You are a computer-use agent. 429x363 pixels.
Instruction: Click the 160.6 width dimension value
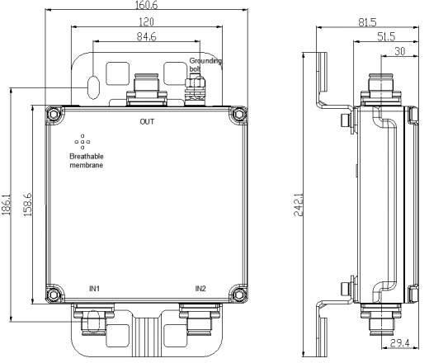(x=147, y=5)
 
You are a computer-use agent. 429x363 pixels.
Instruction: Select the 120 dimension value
(x=146, y=22)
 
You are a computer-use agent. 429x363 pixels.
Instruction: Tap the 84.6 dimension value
(x=147, y=36)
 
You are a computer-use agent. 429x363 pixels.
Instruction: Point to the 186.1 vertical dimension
(x=7, y=205)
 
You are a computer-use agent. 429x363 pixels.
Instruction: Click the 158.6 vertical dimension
(x=28, y=205)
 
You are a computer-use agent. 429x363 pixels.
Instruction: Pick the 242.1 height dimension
(x=299, y=205)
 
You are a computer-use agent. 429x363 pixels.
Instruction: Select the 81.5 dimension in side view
(x=367, y=22)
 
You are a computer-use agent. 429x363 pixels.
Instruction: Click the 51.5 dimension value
(x=386, y=36)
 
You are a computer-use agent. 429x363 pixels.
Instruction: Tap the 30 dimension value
(x=400, y=51)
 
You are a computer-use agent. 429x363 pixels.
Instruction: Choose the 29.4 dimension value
(x=400, y=343)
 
